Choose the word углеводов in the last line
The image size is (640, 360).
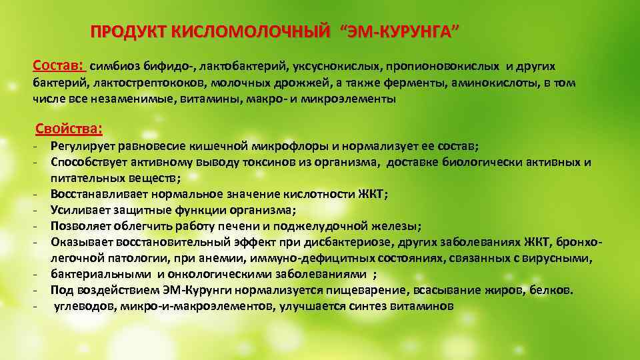point(83,306)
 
